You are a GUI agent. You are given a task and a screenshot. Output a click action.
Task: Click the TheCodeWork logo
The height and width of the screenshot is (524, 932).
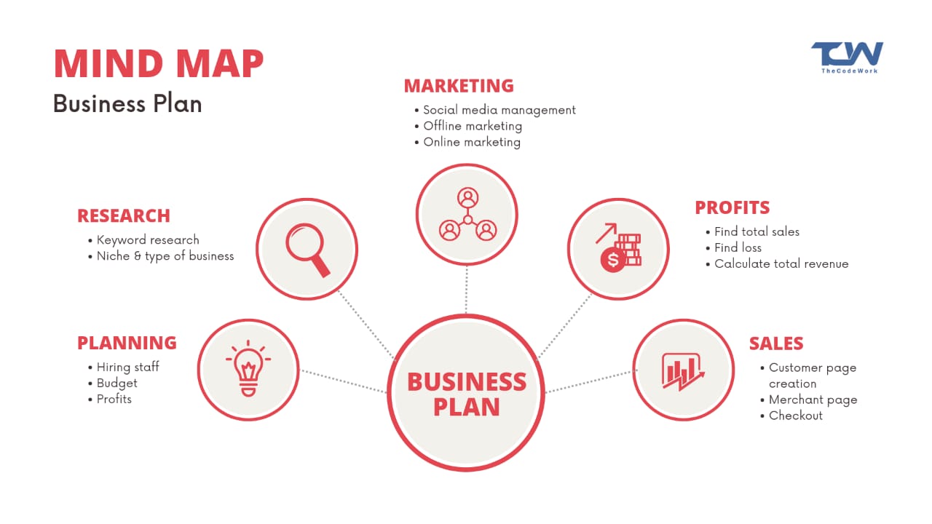tap(847, 57)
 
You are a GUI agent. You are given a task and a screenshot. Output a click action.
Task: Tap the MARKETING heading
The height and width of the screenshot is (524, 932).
tap(459, 86)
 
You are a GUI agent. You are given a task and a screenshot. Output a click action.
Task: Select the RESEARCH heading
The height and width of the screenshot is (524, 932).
tap(124, 215)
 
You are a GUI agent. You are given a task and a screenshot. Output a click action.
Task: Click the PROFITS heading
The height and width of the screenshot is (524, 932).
tap(732, 207)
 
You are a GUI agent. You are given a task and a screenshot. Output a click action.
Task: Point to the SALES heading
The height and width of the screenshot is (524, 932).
tap(776, 344)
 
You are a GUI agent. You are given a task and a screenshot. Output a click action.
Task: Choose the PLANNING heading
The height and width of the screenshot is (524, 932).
tap(127, 343)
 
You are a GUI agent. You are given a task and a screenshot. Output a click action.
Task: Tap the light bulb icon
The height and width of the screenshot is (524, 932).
tap(248, 368)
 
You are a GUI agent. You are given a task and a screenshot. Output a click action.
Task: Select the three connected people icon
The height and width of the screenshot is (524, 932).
tap(467, 215)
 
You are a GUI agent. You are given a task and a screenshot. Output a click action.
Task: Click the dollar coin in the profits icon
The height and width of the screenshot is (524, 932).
tap(612, 259)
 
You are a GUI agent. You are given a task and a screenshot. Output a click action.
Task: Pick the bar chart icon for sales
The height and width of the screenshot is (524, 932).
tap(683, 370)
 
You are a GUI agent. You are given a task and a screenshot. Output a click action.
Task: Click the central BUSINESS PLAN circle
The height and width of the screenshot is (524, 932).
tap(466, 393)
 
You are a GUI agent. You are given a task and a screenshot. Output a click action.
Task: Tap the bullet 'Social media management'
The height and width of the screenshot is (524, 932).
tap(499, 110)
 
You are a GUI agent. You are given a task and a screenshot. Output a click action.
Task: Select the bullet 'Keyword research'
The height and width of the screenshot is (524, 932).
tap(148, 239)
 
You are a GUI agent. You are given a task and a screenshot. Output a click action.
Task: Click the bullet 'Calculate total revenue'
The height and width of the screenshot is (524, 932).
tap(781, 263)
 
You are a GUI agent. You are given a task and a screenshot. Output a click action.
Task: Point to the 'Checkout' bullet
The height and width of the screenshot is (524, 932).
tap(796, 416)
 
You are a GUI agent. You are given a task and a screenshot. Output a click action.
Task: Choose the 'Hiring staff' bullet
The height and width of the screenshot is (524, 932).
tap(128, 367)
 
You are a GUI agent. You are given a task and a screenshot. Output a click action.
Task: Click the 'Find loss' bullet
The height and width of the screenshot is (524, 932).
tap(738, 247)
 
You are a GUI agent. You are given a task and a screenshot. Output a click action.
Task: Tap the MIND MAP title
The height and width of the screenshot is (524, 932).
tap(159, 64)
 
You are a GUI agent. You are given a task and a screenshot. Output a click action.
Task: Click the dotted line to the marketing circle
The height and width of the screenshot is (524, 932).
tap(466, 290)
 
